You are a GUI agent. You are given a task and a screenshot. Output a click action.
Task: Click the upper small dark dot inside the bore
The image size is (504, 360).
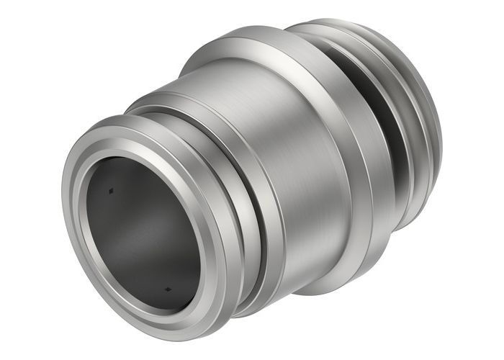coord(110,192)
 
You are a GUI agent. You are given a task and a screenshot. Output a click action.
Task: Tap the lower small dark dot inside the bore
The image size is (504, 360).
coord(167,289)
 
